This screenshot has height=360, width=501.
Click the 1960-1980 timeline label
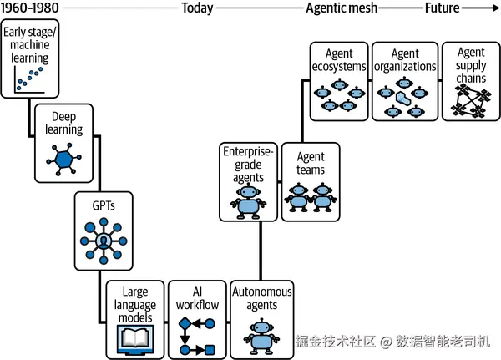[x=29, y=8]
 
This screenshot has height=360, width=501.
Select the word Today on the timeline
[x=197, y=8]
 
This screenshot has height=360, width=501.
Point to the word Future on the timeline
[x=444, y=8]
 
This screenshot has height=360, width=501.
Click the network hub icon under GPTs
[x=104, y=241]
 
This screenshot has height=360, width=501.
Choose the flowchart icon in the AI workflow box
[x=196, y=334]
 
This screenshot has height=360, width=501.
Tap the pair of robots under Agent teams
[x=310, y=198]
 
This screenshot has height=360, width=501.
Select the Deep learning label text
[x=64, y=123]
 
